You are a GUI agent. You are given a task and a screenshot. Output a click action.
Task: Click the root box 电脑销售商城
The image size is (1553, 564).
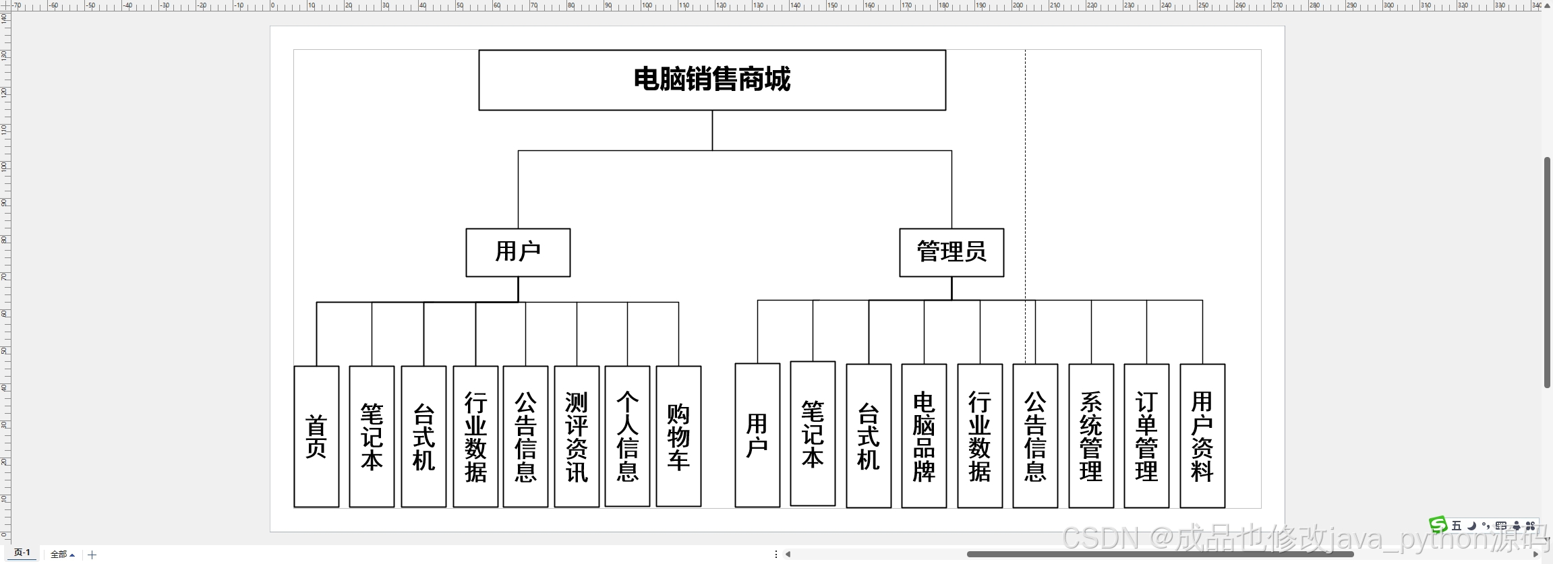click(x=712, y=80)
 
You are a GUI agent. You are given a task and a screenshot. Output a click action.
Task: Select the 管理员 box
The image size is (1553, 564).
click(x=951, y=253)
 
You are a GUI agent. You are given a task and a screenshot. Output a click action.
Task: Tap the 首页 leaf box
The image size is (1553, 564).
click(x=316, y=437)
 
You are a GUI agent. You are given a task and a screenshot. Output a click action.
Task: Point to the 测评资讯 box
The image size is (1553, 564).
click(x=577, y=437)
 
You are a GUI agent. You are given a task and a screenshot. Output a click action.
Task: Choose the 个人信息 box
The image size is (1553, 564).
click(x=627, y=437)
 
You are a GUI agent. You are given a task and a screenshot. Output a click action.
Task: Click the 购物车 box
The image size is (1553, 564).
click(x=678, y=437)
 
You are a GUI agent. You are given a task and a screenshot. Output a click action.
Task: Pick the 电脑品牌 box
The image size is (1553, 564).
click(x=924, y=436)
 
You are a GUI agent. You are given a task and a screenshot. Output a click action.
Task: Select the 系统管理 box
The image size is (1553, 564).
click(x=1091, y=436)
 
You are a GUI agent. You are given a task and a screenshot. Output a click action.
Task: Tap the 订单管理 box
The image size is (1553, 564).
click(x=1146, y=436)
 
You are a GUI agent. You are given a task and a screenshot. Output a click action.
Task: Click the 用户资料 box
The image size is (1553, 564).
click(x=1202, y=436)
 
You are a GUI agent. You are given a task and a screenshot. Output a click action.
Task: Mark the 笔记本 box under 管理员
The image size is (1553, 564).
click(x=813, y=434)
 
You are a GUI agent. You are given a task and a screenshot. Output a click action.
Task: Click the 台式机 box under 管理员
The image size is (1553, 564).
click(x=869, y=436)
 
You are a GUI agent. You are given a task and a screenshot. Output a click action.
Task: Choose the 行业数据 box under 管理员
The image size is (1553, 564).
click(x=980, y=436)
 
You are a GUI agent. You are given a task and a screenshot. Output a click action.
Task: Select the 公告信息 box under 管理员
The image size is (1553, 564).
click(x=1035, y=436)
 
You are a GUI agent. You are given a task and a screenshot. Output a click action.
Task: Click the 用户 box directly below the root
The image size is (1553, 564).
click(x=518, y=253)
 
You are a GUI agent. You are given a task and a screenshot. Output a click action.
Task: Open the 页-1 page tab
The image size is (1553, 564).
click(x=22, y=553)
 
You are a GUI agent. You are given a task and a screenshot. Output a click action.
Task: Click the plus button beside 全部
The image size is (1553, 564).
click(x=92, y=555)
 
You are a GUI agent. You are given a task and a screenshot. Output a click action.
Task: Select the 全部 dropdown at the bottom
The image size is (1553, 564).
click(x=62, y=555)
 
